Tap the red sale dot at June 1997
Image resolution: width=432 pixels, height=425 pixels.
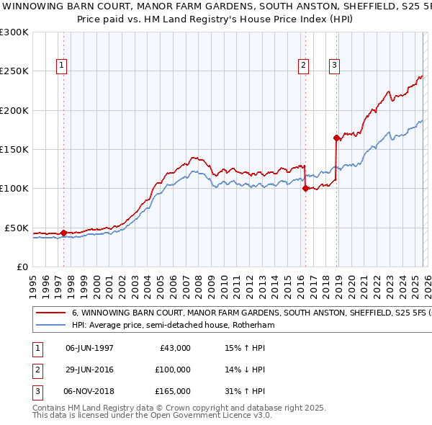point(63,233)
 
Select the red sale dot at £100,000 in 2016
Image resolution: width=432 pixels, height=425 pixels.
point(306,189)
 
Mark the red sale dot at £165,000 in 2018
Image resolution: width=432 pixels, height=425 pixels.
point(336,138)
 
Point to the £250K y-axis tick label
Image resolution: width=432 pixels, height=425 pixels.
point(14,71)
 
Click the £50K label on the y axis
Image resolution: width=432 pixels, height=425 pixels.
point(17,228)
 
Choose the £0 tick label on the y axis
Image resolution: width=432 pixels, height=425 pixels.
point(22,267)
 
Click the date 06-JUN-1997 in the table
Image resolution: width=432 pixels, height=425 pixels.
point(89,348)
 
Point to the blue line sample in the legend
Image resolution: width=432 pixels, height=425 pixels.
point(50,326)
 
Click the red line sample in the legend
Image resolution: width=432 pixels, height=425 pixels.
point(50,314)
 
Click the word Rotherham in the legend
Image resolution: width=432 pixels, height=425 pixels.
point(255,326)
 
